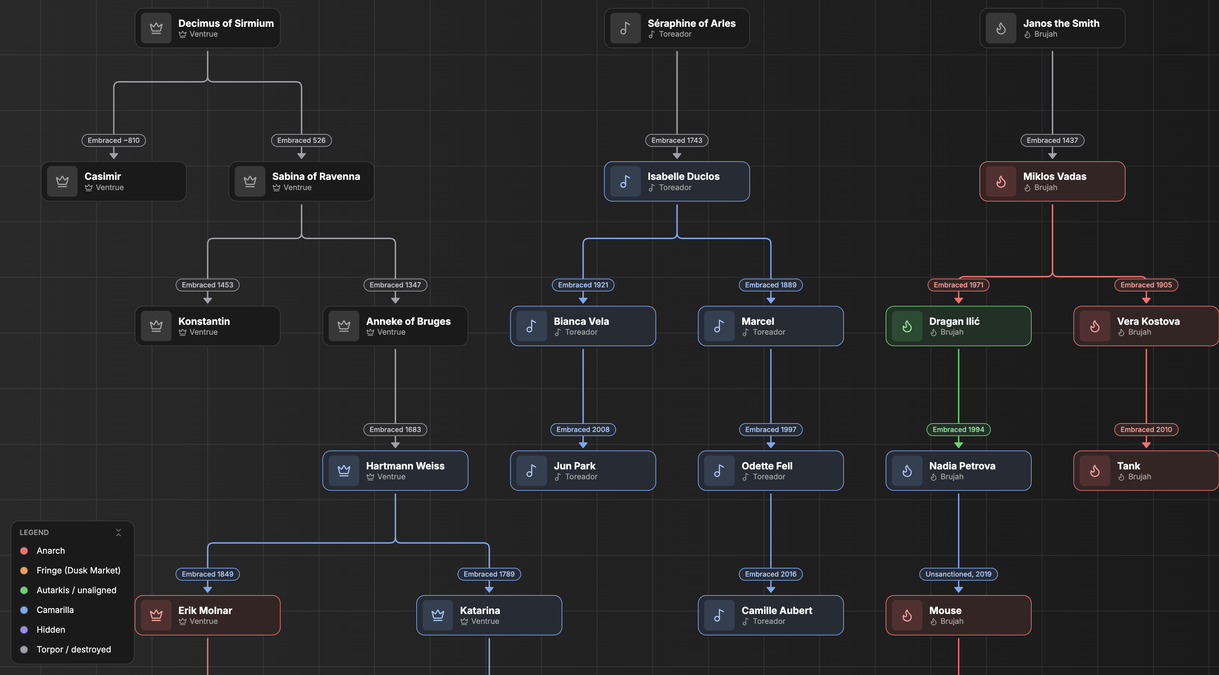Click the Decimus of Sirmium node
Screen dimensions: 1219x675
point(207,28)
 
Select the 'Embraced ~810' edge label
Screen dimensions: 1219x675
point(114,140)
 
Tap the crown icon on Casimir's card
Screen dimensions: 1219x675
point(62,181)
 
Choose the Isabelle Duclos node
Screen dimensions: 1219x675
point(677,181)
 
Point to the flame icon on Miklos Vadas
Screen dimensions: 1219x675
point(1001,181)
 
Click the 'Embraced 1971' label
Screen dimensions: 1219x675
point(958,285)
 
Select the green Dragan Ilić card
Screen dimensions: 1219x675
point(958,326)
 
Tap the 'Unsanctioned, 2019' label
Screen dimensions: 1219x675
point(958,574)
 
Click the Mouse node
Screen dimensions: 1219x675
point(958,615)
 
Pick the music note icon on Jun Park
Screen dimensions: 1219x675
point(532,471)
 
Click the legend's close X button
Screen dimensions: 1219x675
point(118,533)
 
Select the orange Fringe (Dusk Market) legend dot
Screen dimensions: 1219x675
point(24,571)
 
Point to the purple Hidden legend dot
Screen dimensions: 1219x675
point(24,630)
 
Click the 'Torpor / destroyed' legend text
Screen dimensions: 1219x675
point(74,650)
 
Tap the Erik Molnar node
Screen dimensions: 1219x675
point(207,615)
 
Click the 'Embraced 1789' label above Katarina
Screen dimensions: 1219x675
point(489,574)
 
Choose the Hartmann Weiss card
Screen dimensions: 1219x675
point(395,471)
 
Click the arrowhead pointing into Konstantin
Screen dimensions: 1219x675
point(207,300)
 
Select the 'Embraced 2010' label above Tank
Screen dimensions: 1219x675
point(1146,430)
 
